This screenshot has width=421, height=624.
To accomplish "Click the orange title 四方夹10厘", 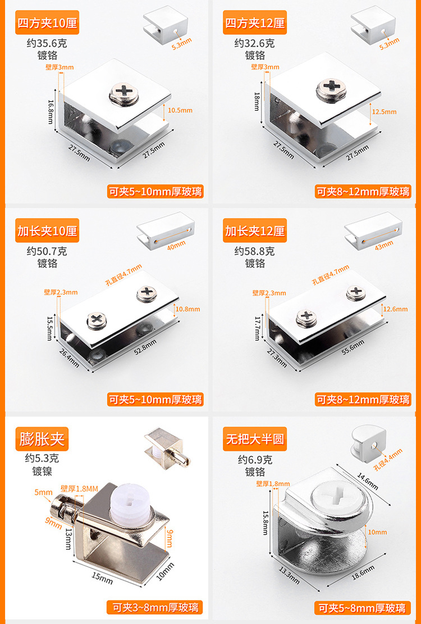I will pos(47,24).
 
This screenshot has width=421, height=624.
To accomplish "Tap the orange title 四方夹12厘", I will pos(255,24).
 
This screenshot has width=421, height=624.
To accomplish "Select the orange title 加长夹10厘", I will pos(47,231).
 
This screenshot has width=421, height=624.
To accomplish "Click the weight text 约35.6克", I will pos(50,43).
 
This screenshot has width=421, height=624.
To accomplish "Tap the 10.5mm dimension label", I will pos(180,110).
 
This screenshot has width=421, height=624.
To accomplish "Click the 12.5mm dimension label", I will pos(384,112).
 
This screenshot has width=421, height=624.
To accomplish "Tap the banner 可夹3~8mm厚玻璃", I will pos(155,607).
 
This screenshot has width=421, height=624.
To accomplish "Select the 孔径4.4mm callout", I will pos(388,459).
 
